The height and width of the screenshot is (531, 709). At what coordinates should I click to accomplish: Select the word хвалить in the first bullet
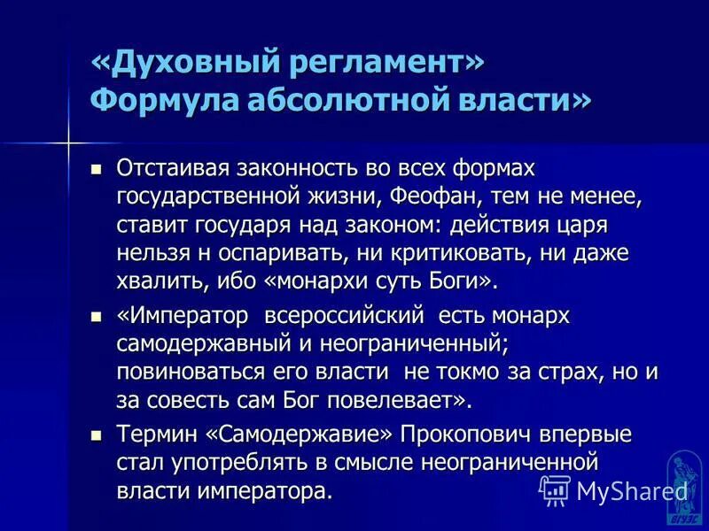(x=153, y=281)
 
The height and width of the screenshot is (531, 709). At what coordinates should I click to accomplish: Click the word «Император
(x=176, y=316)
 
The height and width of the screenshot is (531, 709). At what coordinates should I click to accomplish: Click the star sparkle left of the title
(x=67, y=142)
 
